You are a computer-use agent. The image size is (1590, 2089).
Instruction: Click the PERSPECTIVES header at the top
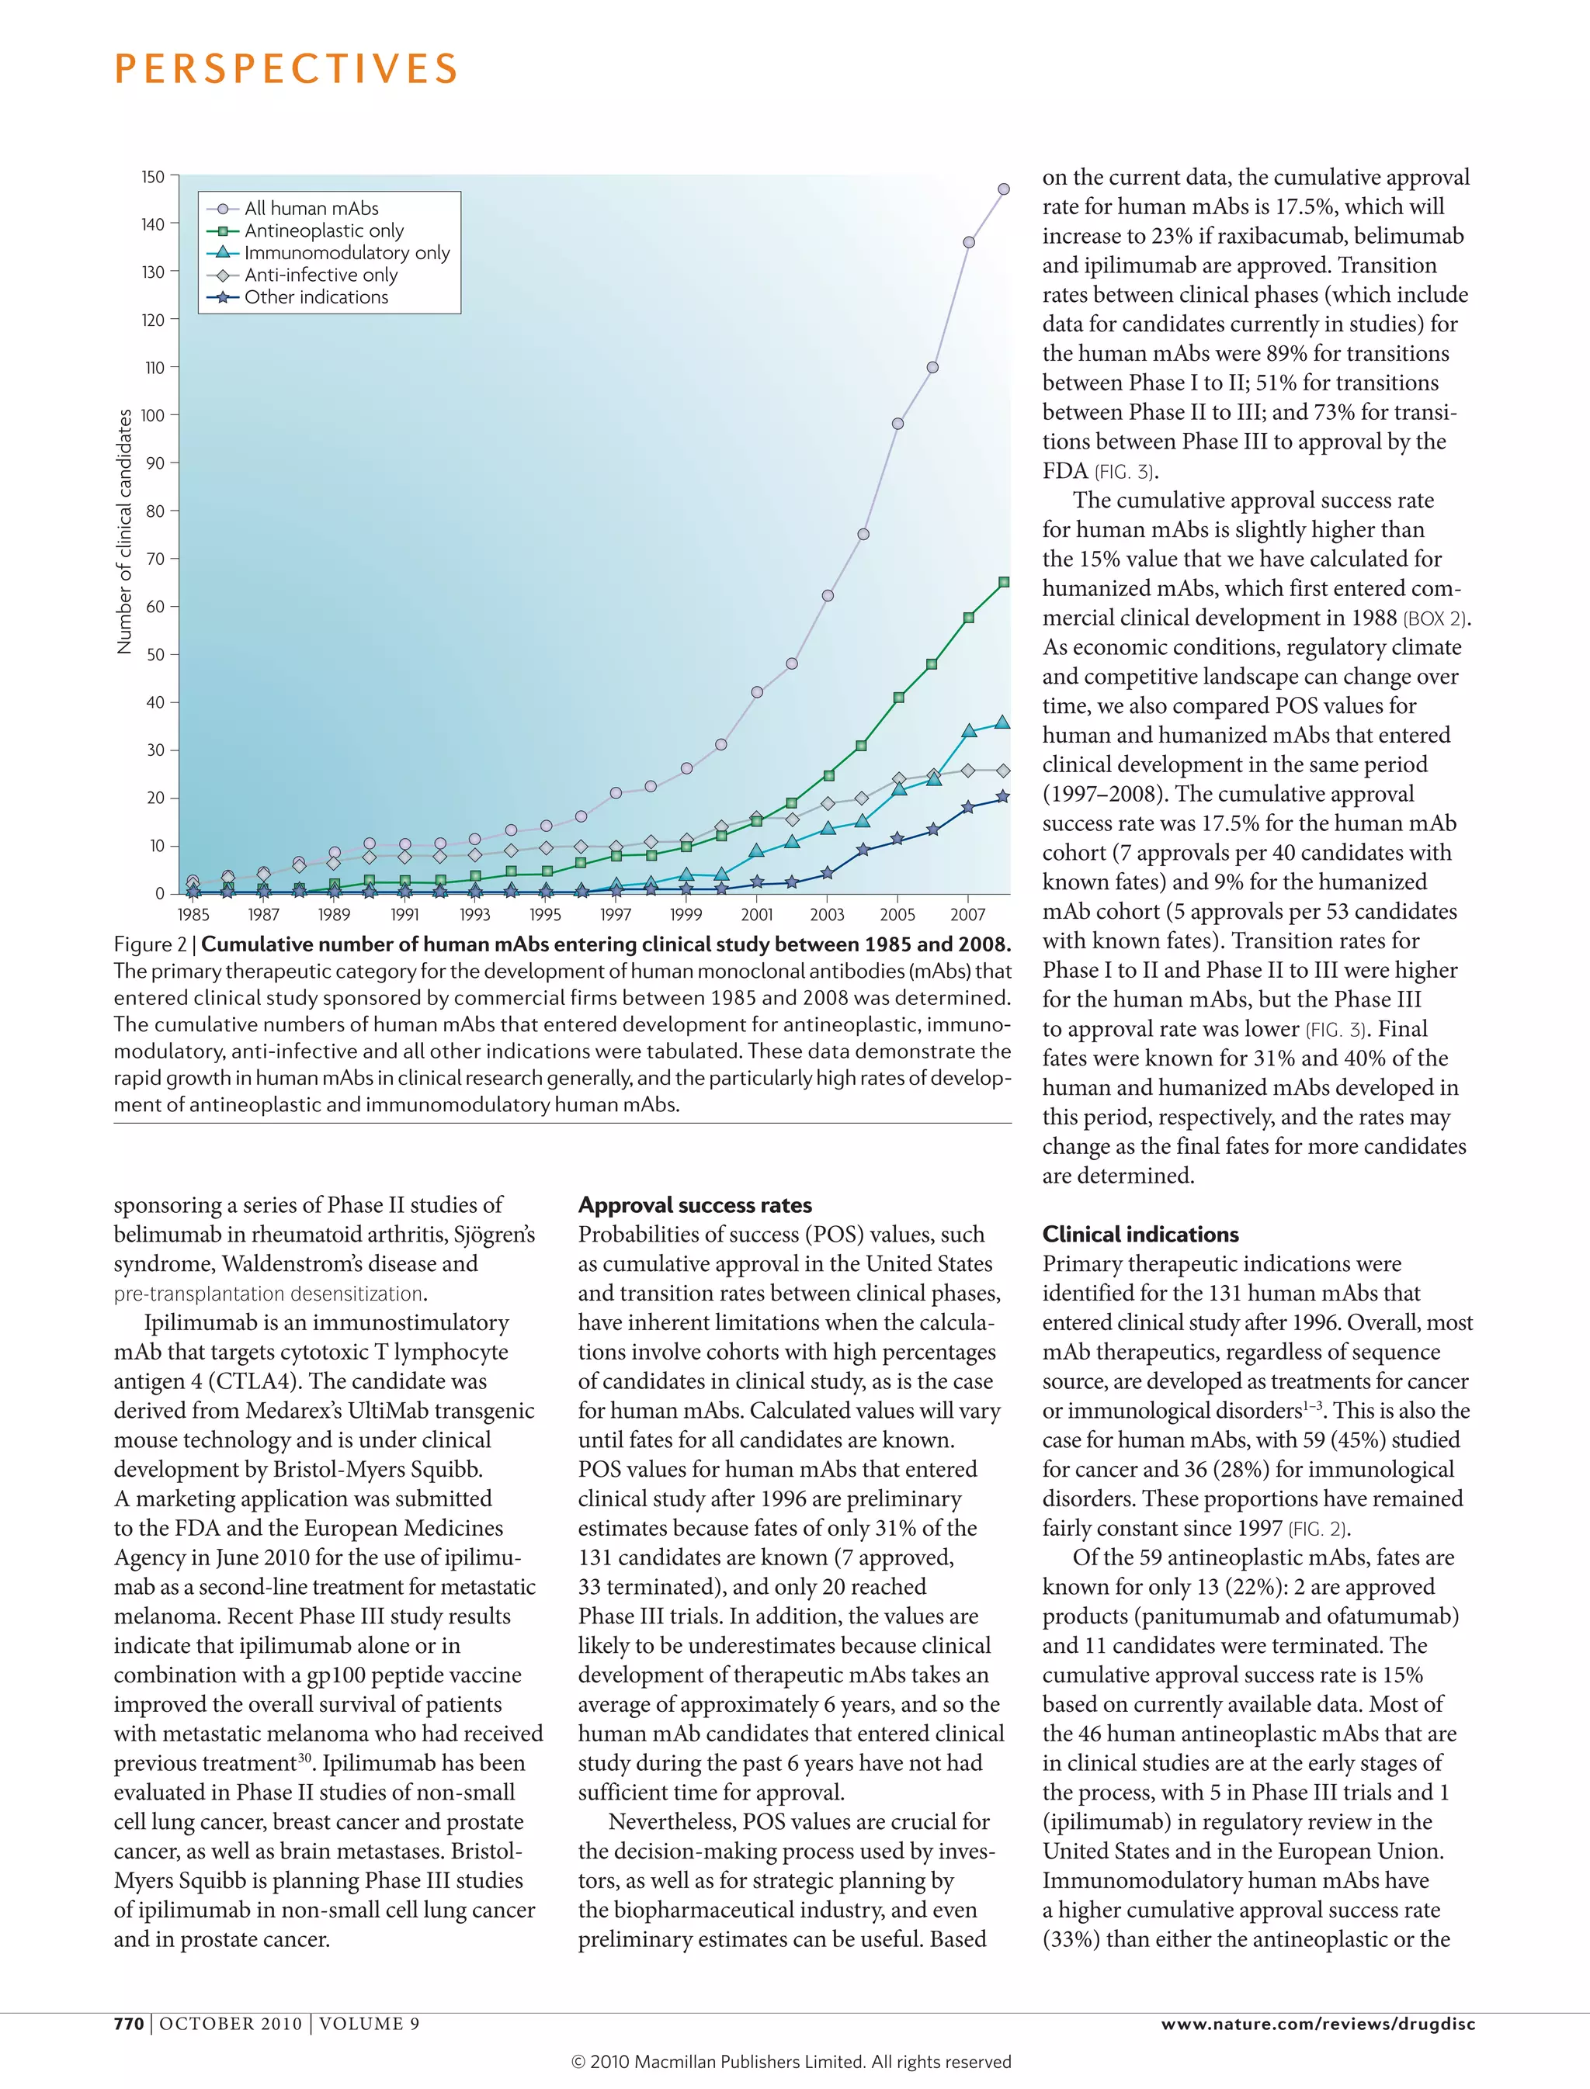point(286,69)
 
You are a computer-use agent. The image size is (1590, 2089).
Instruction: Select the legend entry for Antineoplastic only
point(323,230)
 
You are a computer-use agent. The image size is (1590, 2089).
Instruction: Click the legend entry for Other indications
point(315,297)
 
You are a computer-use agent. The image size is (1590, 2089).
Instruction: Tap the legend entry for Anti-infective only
point(320,275)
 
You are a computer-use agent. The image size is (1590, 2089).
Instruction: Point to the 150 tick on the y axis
point(153,177)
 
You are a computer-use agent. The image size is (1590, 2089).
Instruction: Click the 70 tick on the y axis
point(155,559)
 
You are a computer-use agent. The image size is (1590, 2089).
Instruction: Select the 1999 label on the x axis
point(686,915)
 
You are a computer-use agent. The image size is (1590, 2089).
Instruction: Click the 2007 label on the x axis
point(967,915)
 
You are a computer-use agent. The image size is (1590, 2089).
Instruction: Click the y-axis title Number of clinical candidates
point(124,532)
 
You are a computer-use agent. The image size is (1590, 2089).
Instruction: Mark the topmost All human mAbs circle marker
point(1003,189)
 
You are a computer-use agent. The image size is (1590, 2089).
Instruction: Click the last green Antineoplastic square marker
point(1004,583)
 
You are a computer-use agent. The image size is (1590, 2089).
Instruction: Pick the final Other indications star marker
point(1003,797)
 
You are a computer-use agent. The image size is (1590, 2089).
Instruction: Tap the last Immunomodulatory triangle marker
point(1003,722)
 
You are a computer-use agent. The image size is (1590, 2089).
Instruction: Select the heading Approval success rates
point(695,1204)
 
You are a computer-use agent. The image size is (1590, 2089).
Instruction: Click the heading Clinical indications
point(1140,1234)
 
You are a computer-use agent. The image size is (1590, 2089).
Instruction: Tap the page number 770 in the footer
point(129,2024)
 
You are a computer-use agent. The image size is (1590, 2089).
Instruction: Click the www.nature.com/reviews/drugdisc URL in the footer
point(1317,2024)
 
